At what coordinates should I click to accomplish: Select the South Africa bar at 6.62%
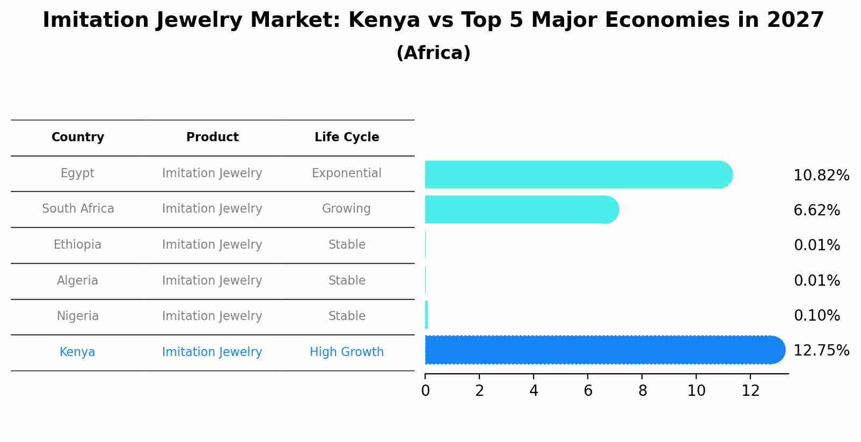tap(521, 209)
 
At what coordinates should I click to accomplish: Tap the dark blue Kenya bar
tap(604, 350)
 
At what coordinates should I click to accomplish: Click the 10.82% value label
tap(821, 176)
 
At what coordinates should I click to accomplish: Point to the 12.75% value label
tap(821, 351)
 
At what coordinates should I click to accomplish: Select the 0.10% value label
tap(816, 316)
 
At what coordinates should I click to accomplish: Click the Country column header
tap(78, 137)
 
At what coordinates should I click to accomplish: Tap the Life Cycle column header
tap(347, 137)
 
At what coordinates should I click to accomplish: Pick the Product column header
tap(212, 137)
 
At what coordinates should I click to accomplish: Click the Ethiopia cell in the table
tap(77, 245)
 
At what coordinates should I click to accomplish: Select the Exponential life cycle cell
tap(346, 173)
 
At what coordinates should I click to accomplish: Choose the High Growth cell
tap(346, 352)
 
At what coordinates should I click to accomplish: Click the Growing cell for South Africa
tap(346, 209)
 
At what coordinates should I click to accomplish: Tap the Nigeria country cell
tap(77, 316)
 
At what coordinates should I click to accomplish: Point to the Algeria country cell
tap(77, 281)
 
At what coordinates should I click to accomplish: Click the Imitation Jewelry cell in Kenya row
tap(212, 352)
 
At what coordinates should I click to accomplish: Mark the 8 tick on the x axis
tap(643, 391)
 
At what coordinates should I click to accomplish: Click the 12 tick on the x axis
tap(750, 391)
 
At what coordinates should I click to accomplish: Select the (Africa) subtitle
tap(433, 53)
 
